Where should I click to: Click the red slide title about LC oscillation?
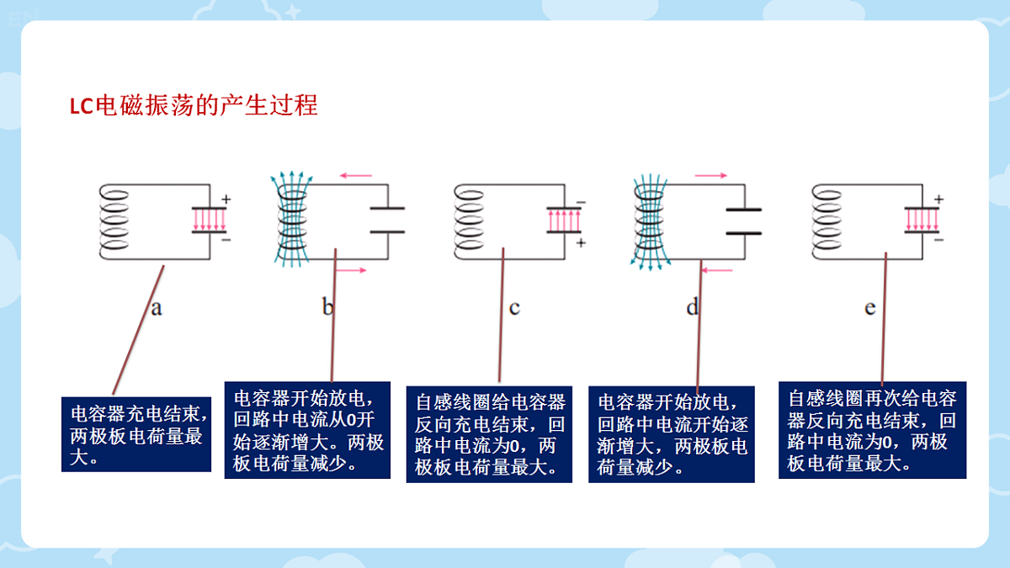click(x=194, y=106)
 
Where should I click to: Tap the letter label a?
click(x=157, y=309)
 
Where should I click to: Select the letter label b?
click(x=327, y=306)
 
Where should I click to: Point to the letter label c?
click(x=514, y=309)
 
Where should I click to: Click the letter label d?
click(x=693, y=306)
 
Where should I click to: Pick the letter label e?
click(x=870, y=309)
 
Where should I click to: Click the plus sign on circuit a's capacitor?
click(x=226, y=199)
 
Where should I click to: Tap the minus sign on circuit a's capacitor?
click(x=226, y=240)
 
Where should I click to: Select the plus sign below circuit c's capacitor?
click(x=582, y=243)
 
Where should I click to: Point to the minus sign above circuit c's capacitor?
click(x=582, y=203)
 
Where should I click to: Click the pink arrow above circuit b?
click(x=356, y=175)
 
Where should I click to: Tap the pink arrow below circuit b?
click(x=351, y=270)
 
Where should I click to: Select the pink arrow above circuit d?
click(x=711, y=175)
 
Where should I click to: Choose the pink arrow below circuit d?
click(x=717, y=270)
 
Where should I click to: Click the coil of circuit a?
click(x=114, y=220)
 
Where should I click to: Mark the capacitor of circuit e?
click(x=922, y=220)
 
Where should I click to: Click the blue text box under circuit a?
click(x=136, y=434)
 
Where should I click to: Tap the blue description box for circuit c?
click(x=489, y=434)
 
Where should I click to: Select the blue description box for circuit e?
click(x=873, y=430)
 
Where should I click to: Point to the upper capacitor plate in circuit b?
click(x=387, y=209)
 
